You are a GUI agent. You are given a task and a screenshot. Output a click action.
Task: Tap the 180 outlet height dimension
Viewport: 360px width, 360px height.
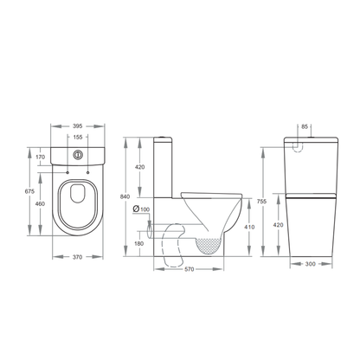point(141,243)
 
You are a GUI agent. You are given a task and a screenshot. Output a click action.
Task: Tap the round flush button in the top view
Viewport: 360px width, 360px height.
point(79,157)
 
